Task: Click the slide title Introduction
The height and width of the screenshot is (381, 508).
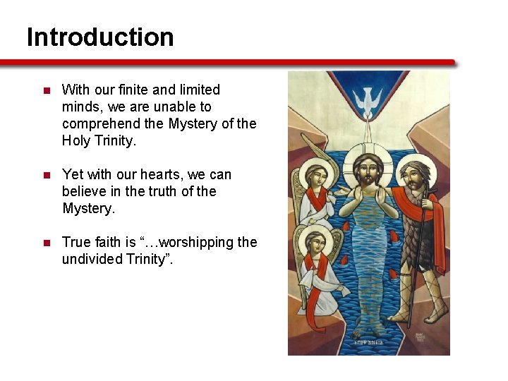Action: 100,37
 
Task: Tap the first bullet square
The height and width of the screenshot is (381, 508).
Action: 46,91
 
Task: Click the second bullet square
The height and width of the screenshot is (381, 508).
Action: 46,176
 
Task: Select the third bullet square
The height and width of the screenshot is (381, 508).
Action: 46,243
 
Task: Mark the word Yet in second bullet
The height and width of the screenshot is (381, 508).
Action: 73,174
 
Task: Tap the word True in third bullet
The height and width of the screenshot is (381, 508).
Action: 76,242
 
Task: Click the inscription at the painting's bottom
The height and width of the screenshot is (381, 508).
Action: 368,341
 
